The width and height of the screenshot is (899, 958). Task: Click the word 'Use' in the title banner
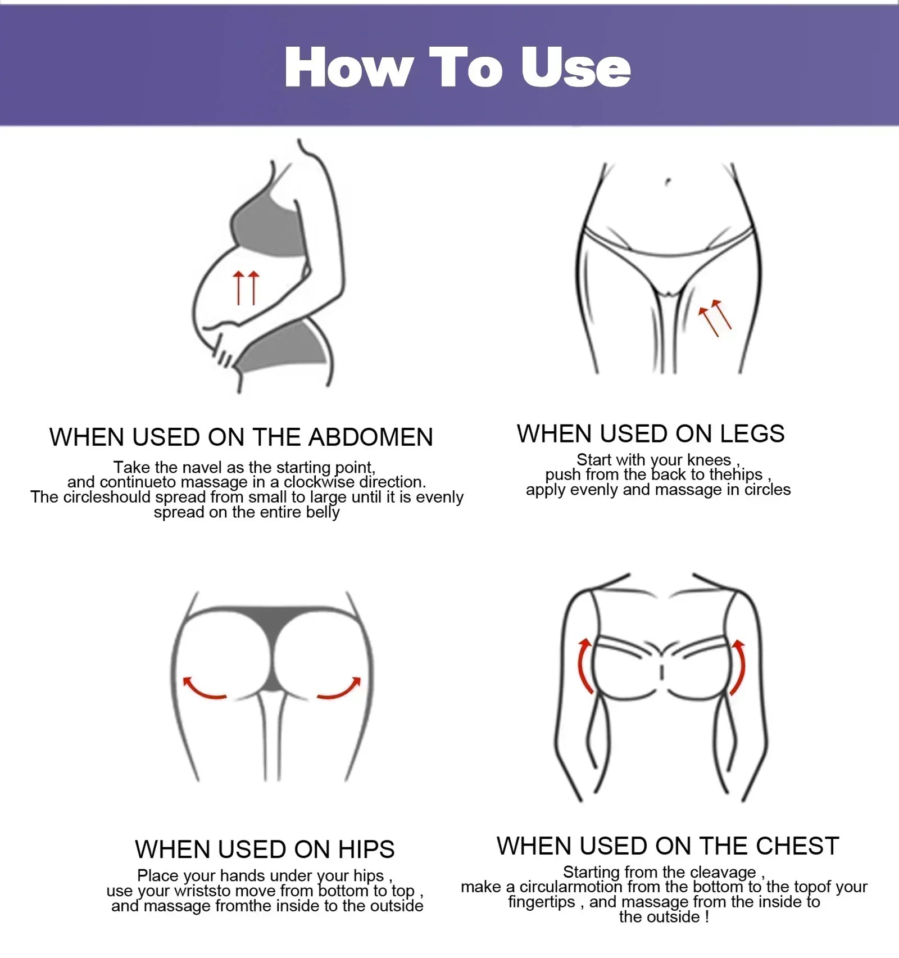[575, 67]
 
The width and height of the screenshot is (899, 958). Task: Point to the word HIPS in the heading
[366, 849]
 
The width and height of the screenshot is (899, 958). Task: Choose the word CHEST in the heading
[797, 846]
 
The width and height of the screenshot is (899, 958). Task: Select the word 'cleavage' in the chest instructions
[723, 872]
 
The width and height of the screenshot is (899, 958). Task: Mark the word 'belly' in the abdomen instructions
[323, 512]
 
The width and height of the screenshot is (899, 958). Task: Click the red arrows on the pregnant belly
[246, 287]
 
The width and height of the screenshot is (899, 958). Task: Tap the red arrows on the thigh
[714, 317]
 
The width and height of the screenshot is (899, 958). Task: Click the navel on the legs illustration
[668, 182]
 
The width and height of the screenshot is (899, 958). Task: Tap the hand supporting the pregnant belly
[225, 349]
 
